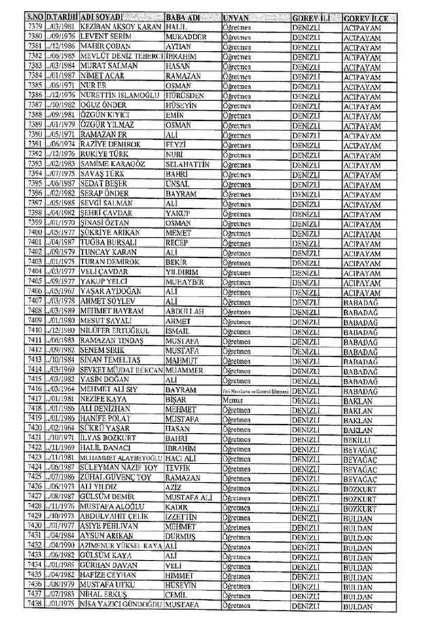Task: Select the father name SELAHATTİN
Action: [x=189, y=165]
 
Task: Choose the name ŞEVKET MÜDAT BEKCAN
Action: [x=120, y=371]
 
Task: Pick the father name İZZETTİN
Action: [x=183, y=516]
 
